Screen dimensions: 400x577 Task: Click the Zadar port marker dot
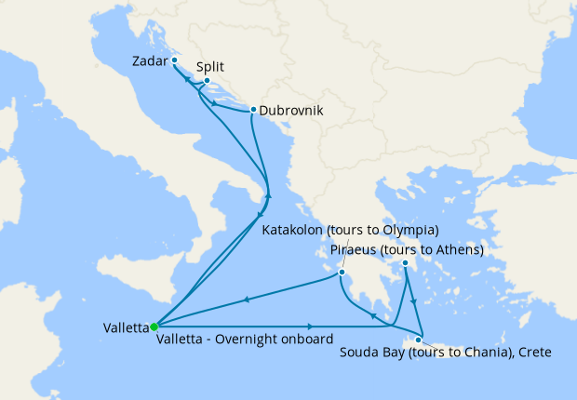coord(174,60)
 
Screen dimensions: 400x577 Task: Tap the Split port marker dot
coord(207,81)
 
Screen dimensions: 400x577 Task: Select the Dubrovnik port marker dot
coord(253,110)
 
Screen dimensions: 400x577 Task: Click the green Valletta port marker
coord(154,327)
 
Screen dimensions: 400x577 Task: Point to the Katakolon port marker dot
coord(342,273)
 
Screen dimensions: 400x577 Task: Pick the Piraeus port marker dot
coord(407,264)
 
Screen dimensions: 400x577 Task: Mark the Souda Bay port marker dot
coord(418,340)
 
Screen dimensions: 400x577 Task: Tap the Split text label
coord(210,67)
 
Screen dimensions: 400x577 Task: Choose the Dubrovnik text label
coord(291,110)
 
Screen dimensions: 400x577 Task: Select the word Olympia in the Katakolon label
coord(406,230)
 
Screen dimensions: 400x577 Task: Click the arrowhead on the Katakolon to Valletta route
coord(247,300)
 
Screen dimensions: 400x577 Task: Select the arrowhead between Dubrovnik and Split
coord(216,103)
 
